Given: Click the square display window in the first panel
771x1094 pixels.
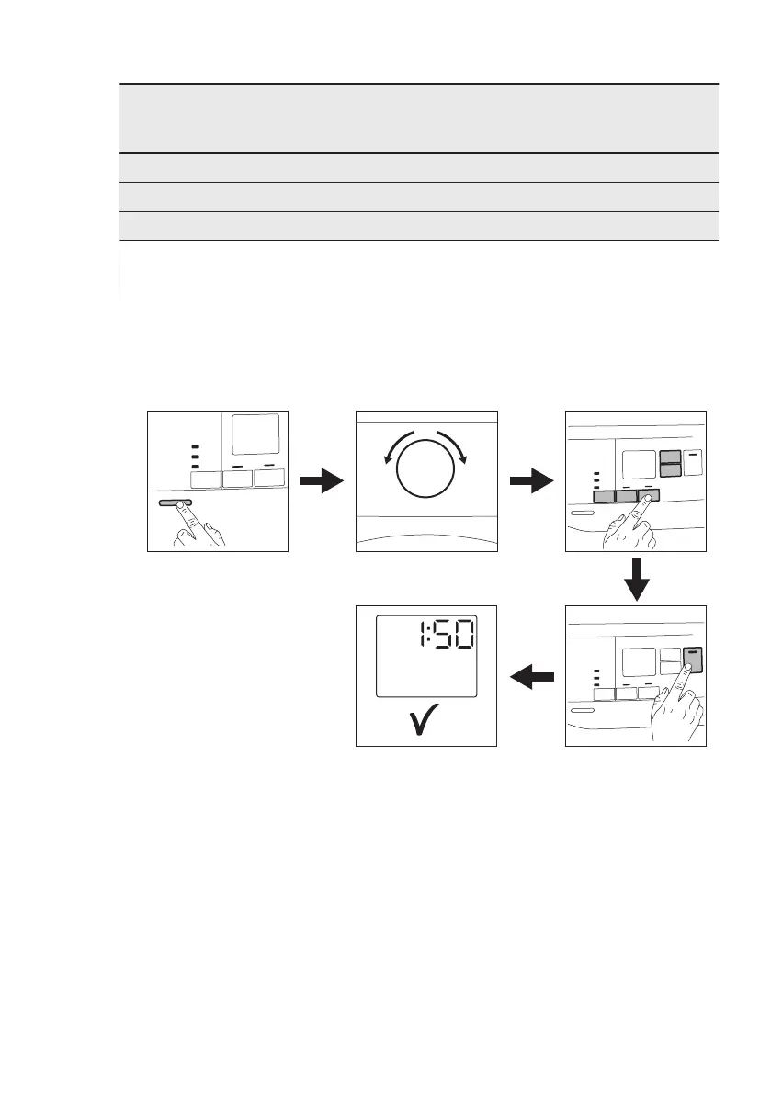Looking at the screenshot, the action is tap(257, 434).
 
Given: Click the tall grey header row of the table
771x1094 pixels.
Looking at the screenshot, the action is tap(418, 118).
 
